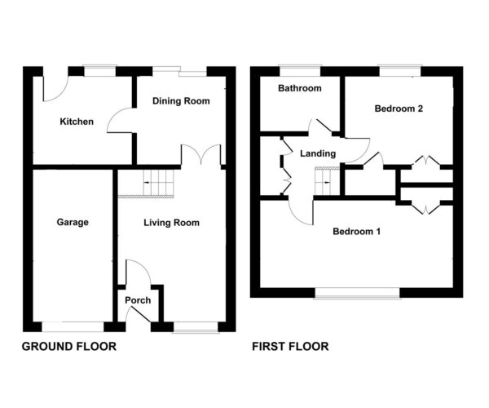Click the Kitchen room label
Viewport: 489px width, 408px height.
tap(77, 122)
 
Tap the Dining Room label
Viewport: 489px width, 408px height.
tap(181, 101)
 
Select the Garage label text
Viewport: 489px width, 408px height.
tap(73, 222)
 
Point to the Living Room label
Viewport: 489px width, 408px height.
tap(171, 222)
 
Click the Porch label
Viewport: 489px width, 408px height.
tap(138, 300)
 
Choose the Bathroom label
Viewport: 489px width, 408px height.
tap(299, 88)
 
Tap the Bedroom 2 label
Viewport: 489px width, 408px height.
tap(398, 109)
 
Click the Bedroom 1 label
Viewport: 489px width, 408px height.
tap(357, 231)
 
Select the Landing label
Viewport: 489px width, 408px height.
tap(317, 153)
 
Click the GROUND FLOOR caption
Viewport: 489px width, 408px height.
tap(68, 347)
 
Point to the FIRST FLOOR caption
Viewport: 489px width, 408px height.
tap(290, 347)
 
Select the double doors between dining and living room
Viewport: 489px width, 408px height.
tap(200, 155)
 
